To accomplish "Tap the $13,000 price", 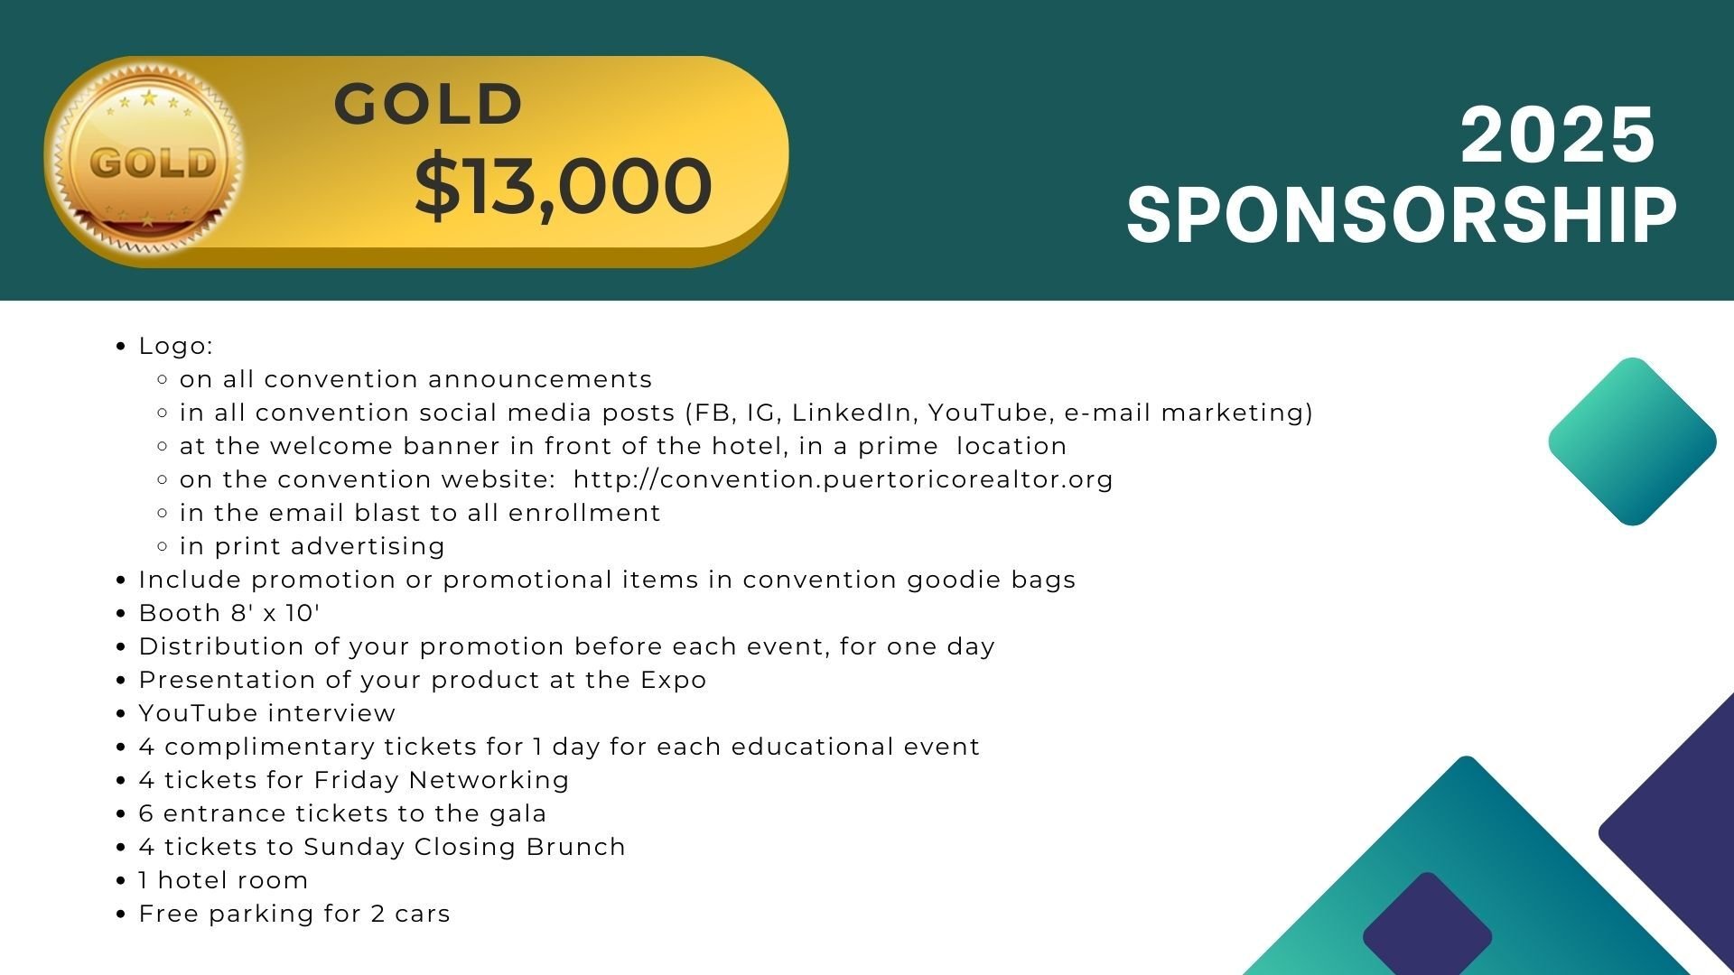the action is click(564, 186).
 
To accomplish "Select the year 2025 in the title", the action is click(1557, 135).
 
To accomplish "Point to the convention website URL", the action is click(844, 479).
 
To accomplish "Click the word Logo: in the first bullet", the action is click(176, 346).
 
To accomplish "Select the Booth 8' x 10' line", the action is click(229, 613).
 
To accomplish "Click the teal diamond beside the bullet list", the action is click(1632, 441).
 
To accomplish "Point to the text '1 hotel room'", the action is click(223, 880).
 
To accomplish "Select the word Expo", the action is click(674, 680).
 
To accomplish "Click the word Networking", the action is click(489, 781).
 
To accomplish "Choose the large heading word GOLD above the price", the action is click(429, 104).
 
